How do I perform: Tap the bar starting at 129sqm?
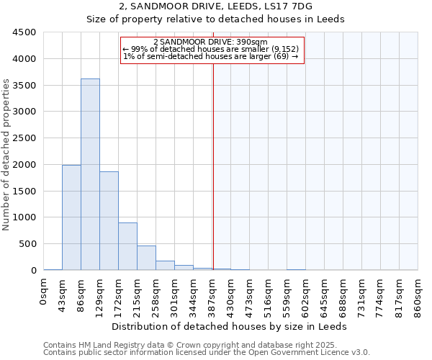click(109, 220)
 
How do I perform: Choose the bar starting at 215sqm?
click(146, 258)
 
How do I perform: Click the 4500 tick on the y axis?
click(24, 32)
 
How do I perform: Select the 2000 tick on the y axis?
click(24, 165)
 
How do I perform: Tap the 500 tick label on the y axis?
click(27, 244)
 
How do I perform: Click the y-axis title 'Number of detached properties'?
click(6, 156)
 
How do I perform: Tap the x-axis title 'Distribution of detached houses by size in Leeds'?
click(230, 326)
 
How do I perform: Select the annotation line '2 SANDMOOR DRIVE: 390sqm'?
click(210, 42)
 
